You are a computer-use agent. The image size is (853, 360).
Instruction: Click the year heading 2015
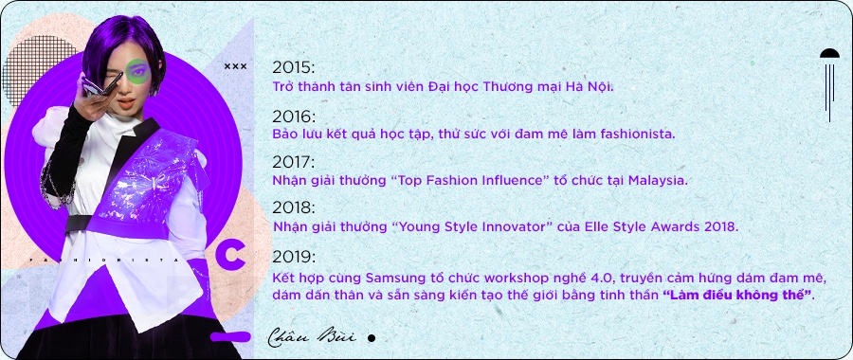(x=293, y=67)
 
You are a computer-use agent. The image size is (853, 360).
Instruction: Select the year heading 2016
(x=293, y=116)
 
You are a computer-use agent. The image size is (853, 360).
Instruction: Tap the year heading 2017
(x=293, y=162)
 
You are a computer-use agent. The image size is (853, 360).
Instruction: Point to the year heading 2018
(x=293, y=207)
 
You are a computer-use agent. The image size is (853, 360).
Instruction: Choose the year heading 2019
(x=293, y=257)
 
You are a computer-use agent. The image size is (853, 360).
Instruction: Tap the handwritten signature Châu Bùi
(x=312, y=335)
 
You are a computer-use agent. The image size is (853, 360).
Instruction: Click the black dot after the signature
(x=372, y=337)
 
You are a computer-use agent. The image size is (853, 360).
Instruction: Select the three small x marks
(x=235, y=66)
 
